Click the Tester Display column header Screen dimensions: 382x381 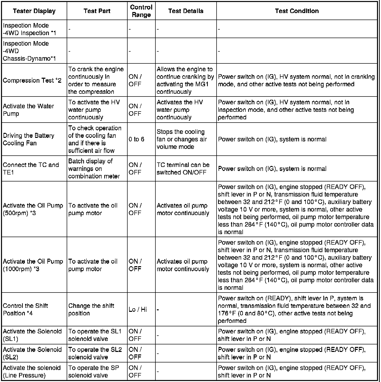pyautogui.click(x=34, y=11)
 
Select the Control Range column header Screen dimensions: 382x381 pyautogui.click(x=141, y=11)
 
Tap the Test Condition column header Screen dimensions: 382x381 pyautogui.click(x=297, y=11)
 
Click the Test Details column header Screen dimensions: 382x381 pyautogui.click(x=186, y=11)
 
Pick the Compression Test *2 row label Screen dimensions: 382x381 pyautogui.click(x=32, y=80)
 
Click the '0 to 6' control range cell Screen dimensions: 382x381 pyautogui.click(x=136, y=139)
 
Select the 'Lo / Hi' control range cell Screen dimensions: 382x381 pyautogui.click(x=138, y=310)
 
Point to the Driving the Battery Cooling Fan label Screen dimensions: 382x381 pyautogui.click(x=29, y=139)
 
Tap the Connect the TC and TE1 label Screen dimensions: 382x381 pyautogui.click(x=31, y=169)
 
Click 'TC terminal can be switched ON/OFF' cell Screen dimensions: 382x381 pyautogui.click(x=183, y=169)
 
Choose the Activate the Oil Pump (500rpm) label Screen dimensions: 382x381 pyautogui.click(x=33, y=209)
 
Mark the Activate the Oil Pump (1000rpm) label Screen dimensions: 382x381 pyautogui.click(x=33, y=265)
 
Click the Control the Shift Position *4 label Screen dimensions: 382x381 pyautogui.click(x=25, y=310)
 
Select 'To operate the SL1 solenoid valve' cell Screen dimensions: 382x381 pyautogui.click(x=95, y=335)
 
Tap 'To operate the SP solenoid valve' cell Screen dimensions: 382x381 pyautogui.click(x=93, y=371)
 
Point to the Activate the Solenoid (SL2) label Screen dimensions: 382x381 pyautogui.click(x=32, y=353)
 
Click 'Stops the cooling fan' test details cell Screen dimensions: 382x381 pyautogui.click(x=182, y=139)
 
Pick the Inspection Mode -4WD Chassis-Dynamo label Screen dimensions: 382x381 pyautogui.click(x=29, y=51)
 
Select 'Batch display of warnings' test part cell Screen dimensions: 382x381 pyautogui.click(x=94, y=169)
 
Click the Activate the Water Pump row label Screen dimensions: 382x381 pyautogui.click(x=28, y=110)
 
